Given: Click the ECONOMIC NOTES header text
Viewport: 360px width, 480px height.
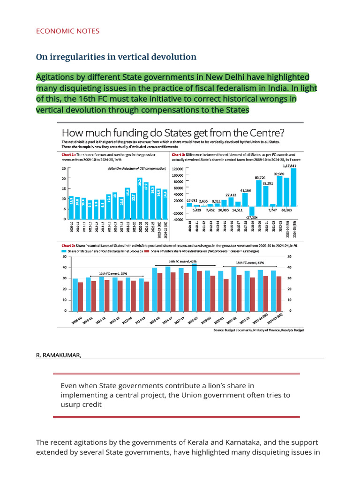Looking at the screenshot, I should pos(67,31).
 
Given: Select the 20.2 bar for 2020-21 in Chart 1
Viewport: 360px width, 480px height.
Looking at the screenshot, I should pos(140,198).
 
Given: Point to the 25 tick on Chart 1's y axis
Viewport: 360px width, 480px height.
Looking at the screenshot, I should pos(64,168).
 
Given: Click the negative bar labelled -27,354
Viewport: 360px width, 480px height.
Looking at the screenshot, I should pos(252,211).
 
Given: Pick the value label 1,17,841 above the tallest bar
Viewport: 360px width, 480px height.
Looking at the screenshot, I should pos(292,166).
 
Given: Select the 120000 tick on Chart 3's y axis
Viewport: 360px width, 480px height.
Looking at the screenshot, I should pos(177,168).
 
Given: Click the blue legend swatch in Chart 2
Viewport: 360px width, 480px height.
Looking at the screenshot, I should pos(64,251).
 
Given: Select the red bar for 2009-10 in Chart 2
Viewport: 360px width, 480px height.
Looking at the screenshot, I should pos(80,296).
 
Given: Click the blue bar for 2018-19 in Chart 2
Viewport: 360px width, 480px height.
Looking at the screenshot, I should pos(194,287).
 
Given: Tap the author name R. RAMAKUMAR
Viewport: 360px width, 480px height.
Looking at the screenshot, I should pos(59,355).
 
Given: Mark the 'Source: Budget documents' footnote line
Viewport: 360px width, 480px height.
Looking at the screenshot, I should pos(258,330).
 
